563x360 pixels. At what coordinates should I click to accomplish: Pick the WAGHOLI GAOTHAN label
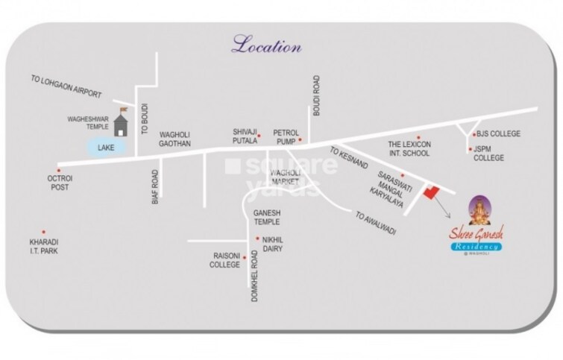[175, 139]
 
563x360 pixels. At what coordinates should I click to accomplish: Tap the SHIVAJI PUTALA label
[245, 136]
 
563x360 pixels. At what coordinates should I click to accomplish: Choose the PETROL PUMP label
[286, 136]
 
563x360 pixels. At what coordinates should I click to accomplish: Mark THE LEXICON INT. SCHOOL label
[409, 149]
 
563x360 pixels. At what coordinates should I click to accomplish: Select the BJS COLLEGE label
[499, 134]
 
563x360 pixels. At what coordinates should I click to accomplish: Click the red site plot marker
[430, 192]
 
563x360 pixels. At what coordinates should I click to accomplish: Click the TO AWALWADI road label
[377, 221]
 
